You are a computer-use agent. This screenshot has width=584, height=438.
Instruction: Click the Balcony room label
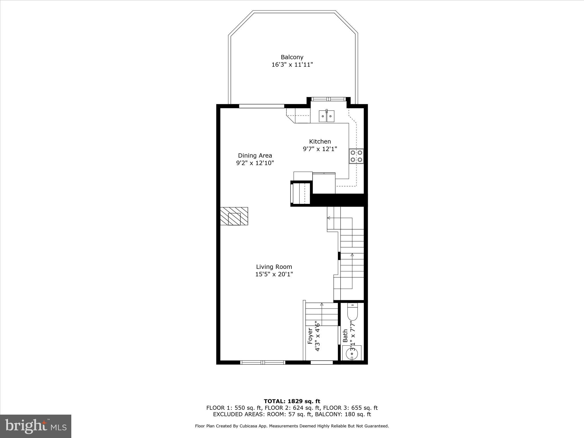click(292, 57)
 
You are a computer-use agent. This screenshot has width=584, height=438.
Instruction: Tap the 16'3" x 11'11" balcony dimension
click(292, 65)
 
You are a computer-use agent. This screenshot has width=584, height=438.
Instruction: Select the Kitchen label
click(320, 141)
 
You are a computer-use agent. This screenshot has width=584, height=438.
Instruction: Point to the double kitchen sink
click(327, 116)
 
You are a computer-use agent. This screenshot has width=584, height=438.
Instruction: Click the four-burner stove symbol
click(356, 156)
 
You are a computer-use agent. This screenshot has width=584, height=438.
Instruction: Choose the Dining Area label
click(255, 156)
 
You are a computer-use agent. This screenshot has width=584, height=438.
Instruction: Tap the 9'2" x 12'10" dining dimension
click(255, 163)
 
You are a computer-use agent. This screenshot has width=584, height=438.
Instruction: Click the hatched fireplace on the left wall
click(234, 216)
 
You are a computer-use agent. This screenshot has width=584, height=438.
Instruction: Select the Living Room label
click(274, 267)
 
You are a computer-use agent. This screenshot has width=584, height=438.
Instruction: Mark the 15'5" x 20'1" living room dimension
click(274, 274)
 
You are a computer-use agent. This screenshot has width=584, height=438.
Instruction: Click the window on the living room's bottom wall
click(263, 362)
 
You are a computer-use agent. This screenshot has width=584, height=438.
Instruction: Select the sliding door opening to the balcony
click(261, 106)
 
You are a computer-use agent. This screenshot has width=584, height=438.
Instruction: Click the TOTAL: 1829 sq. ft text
click(292, 401)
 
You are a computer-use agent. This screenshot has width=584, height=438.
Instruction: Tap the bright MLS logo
click(36, 426)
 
